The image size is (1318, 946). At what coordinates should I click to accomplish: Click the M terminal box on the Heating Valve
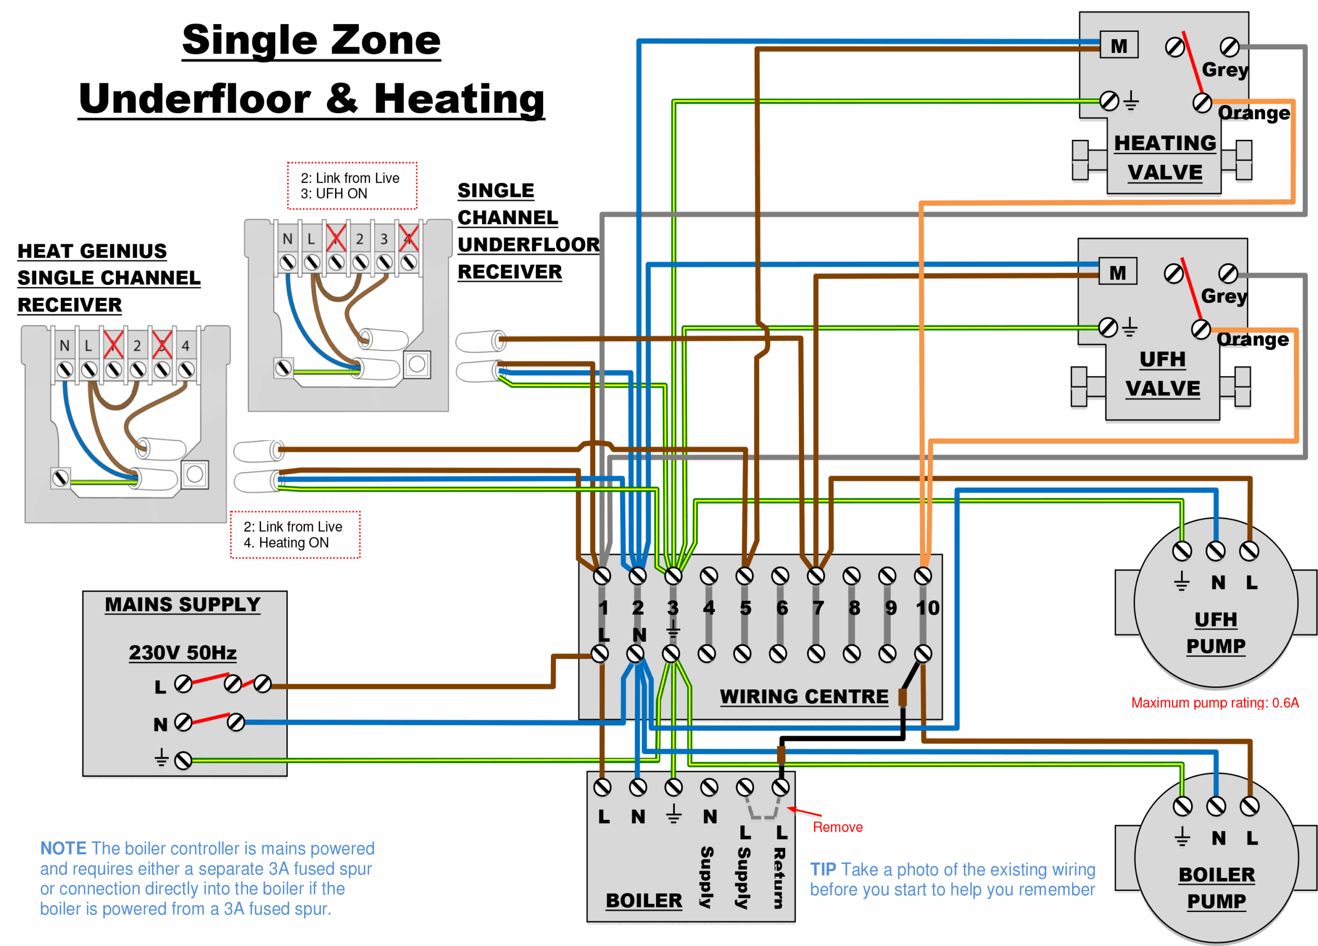[x=1118, y=45]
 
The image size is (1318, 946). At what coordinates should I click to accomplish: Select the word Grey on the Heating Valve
[x=1224, y=69]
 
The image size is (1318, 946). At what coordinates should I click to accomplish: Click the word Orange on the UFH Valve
[x=1252, y=339]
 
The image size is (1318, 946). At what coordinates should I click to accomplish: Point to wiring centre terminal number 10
[x=927, y=608]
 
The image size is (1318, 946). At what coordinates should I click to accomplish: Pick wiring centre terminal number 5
[x=745, y=608]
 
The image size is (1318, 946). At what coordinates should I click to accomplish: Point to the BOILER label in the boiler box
[x=644, y=900]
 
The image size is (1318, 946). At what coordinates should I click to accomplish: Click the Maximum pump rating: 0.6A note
[x=1215, y=703]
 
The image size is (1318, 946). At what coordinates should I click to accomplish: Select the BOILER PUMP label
[x=1216, y=887]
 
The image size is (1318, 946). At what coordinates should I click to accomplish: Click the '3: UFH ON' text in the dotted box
[x=334, y=193]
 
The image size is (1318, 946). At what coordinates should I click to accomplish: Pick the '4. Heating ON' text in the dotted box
[x=286, y=542]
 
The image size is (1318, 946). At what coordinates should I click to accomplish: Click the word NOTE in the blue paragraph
[x=63, y=848]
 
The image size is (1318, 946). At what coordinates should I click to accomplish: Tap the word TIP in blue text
[x=822, y=869]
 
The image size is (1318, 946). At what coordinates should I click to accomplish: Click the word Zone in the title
[x=383, y=41]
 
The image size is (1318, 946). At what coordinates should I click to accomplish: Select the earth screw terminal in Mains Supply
[x=183, y=760]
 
